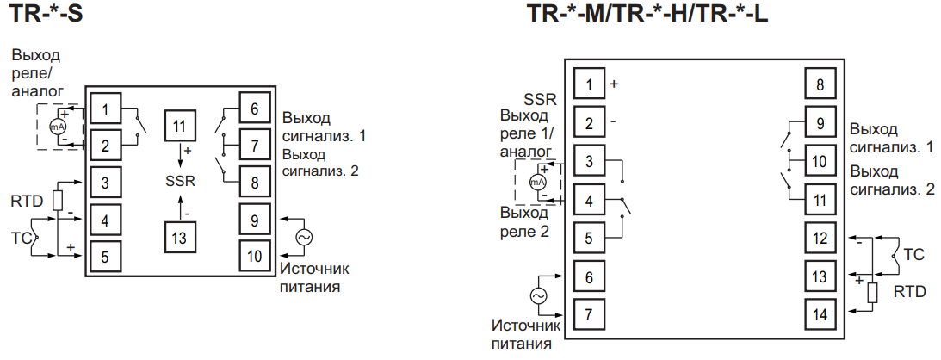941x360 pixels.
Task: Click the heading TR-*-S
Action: pyautogui.click(x=47, y=15)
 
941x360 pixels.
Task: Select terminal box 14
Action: pyautogui.click(x=820, y=314)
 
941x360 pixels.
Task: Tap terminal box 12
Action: pyautogui.click(x=820, y=237)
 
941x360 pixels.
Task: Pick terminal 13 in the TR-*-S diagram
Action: pyautogui.click(x=179, y=237)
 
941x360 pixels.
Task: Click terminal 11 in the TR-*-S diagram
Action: pyautogui.click(x=179, y=127)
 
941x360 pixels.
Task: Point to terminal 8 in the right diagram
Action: pyautogui.click(x=820, y=85)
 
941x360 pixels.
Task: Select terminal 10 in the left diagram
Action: pyautogui.click(x=255, y=257)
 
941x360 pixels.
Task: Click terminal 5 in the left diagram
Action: pyautogui.click(x=105, y=256)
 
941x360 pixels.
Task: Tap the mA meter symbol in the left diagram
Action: pyautogui.click(x=58, y=127)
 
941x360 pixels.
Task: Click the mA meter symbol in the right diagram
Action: pyautogui.click(x=537, y=183)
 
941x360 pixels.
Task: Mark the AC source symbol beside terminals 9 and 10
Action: pyautogui.click(x=303, y=237)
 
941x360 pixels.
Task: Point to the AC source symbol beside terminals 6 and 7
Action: pyautogui.click(x=539, y=295)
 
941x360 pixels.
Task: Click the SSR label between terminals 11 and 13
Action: pyautogui.click(x=180, y=182)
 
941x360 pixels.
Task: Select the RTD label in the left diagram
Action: pyautogui.click(x=26, y=202)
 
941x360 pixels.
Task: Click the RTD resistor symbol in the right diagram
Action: pyautogui.click(x=872, y=292)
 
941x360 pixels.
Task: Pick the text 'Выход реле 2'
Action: pyautogui.click(x=528, y=222)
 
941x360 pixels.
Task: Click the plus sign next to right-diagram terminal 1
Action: pyautogui.click(x=614, y=84)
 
